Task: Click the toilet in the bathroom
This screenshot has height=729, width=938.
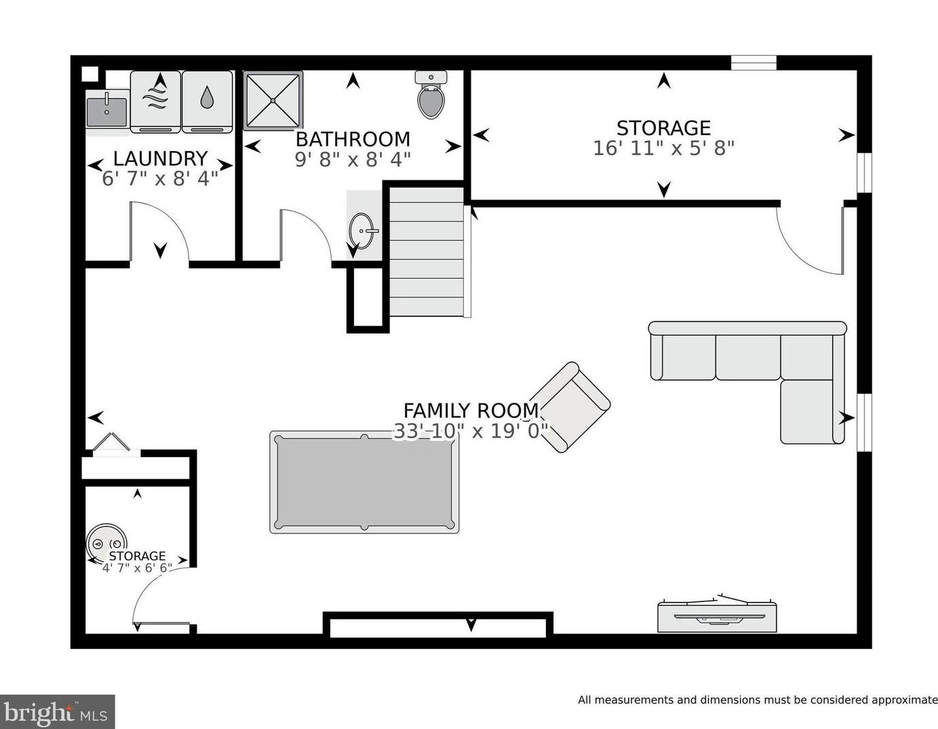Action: pyautogui.click(x=431, y=96)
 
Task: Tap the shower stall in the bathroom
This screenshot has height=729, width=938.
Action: pyautogui.click(x=273, y=100)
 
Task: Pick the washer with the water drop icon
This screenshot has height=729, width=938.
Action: pyautogui.click(x=207, y=101)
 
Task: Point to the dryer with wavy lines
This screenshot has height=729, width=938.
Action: pyautogui.click(x=155, y=101)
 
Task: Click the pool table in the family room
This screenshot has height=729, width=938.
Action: pyautogui.click(x=364, y=482)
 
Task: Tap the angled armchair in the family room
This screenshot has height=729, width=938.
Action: pyautogui.click(x=570, y=407)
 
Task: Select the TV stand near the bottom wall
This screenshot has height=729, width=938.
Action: pyautogui.click(x=717, y=616)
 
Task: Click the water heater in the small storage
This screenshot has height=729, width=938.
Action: pyautogui.click(x=106, y=543)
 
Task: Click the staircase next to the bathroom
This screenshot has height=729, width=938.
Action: pyautogui.click(x=427, y=251)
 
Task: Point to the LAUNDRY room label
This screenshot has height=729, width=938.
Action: pyautogui.click(x=160, y=158)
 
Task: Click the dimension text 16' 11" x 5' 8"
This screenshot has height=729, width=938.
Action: pyautogui.click(x=663, y=148)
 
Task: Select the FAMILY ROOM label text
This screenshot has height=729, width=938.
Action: pyautogui.click(x=471, y=410)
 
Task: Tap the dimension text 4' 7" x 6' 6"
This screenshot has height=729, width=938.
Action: pyautogui.click(x=137, y=568)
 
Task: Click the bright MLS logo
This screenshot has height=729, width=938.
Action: pyautogui.click(x=57, y=712)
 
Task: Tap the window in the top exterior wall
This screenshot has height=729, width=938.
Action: pyautogui.click(x=753, y=63)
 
